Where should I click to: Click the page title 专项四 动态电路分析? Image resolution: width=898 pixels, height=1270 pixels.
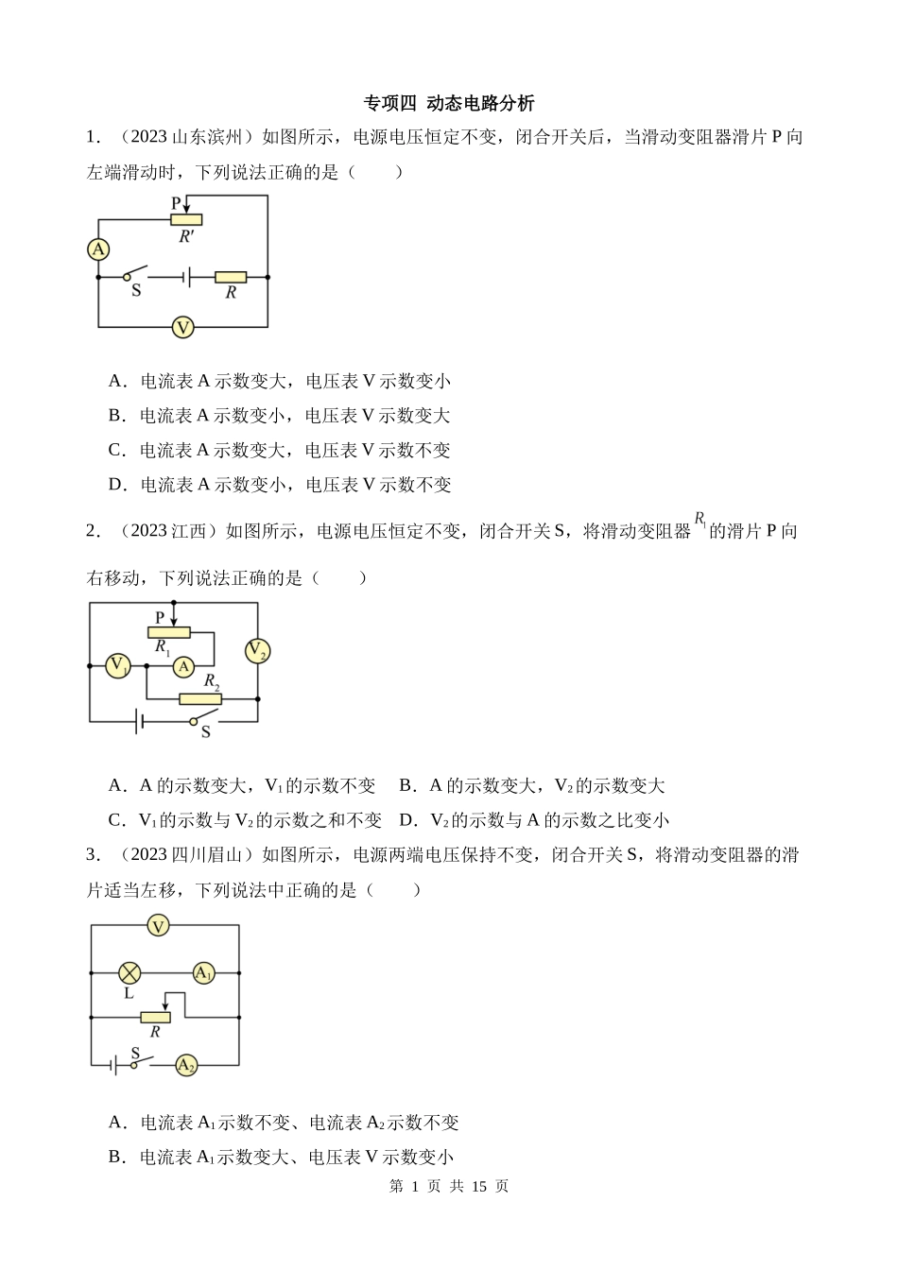point(448,103)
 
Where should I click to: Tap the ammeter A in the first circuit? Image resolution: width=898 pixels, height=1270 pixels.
point(98,249)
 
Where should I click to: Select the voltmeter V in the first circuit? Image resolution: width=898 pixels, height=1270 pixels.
point(182,328)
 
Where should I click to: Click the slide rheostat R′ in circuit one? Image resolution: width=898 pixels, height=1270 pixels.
point(186,220)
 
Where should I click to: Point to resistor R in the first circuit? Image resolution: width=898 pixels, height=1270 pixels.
point(231,277)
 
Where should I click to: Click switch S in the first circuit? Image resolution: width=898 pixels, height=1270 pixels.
point(141,275)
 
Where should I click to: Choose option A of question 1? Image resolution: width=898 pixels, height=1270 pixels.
point(280,381)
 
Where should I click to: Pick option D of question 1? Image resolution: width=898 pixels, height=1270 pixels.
point(280,485)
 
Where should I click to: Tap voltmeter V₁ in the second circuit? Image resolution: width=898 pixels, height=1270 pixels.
point(118,665)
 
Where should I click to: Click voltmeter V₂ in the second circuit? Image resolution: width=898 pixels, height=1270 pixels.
point(257,650)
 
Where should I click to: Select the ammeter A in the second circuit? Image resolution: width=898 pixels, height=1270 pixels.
point(184,666)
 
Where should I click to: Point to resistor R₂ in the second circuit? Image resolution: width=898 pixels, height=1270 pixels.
point(200,699)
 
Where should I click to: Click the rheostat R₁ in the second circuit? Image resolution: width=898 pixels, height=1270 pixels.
point(169,633)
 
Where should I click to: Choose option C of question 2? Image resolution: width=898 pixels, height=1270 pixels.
point(246,820)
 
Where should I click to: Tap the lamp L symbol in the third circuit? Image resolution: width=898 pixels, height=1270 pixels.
point(130,972)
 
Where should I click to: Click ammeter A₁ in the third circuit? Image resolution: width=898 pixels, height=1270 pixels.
point(204,972)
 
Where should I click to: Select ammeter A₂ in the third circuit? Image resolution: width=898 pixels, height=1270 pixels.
point(186,1066)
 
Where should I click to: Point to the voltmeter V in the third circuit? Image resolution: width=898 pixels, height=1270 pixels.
point(159,926)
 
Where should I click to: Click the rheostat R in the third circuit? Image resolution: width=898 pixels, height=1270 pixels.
point(155,1018)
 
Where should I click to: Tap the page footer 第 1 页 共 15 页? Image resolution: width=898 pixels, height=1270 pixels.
point(449,1186)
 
